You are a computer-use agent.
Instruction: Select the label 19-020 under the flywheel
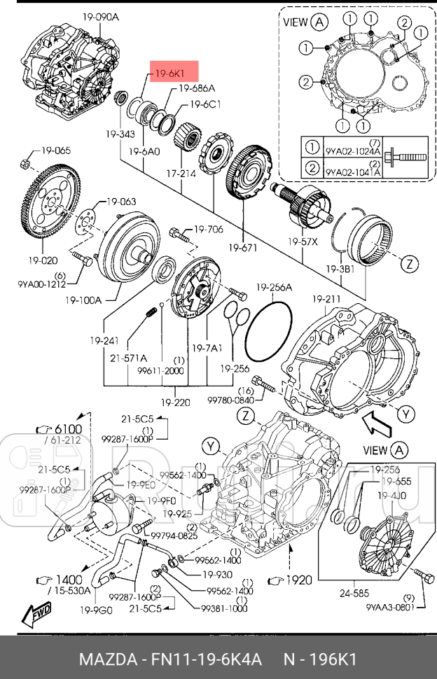pos(43,260)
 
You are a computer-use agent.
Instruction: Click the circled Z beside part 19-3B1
pos(410,264)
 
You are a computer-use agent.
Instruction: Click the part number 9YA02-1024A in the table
pos(352,150)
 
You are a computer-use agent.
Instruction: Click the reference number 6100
pos(65,428)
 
